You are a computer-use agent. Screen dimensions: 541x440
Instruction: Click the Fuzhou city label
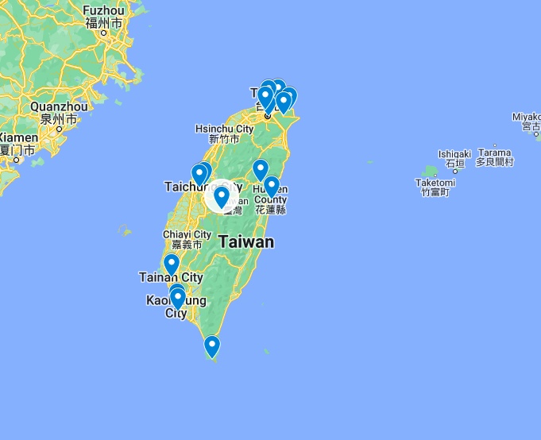coord(103,10)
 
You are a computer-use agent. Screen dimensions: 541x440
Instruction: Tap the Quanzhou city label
coord(59,106)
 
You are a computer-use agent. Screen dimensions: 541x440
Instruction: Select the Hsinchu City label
coord(225,129)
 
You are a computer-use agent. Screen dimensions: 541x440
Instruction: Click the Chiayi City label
coord(187,234)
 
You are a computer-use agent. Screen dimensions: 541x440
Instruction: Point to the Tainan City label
coord(171,277)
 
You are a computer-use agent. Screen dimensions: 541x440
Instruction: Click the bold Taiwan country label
coord(246,242)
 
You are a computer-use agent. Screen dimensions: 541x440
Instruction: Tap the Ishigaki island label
coord(454,153)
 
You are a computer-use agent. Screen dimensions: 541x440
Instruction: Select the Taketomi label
coord(435,183)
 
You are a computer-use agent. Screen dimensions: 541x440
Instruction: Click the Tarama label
coord(495,152)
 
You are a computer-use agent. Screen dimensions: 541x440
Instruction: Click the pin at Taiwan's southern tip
coord(211,347)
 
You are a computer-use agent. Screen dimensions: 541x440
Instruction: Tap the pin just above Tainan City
coord(171,264)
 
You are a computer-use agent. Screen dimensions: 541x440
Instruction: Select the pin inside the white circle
coord(222,195)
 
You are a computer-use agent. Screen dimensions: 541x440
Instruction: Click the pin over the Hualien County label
coord(271,187)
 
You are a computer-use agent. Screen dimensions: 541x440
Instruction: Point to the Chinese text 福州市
coord(105,23)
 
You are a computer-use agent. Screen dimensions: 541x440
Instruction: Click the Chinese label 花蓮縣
coord(270,210)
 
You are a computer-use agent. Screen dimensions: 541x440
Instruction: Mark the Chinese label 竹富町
coord(435,192)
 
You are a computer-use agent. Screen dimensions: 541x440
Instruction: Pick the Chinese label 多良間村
coord(495,162)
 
